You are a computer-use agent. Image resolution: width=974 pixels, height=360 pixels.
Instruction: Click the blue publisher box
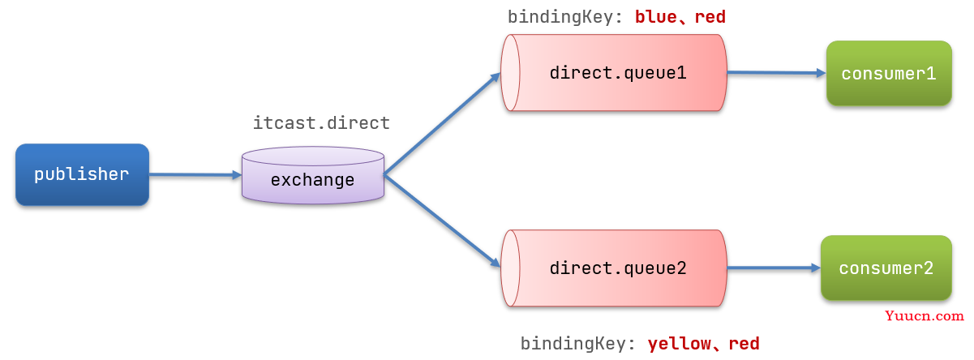82,174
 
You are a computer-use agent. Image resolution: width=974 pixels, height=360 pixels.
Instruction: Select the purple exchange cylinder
313,175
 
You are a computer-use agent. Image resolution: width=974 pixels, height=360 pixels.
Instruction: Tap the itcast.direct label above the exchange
321,123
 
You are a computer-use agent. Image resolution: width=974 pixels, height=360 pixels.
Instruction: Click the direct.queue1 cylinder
614,73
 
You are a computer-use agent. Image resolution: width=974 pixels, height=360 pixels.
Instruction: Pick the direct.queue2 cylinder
614,268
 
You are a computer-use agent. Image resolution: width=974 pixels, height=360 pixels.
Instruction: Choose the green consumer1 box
889,73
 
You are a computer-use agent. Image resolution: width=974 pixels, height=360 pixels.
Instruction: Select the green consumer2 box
886,268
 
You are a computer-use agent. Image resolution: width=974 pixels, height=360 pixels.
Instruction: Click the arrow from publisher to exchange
195,175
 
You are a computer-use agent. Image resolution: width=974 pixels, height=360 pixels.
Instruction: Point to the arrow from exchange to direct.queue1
442,123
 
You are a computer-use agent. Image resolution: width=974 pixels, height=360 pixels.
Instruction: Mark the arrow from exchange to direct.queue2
442,221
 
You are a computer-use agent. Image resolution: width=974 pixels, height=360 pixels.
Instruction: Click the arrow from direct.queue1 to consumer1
777,73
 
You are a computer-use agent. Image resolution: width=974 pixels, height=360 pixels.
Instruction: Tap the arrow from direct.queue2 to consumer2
774,268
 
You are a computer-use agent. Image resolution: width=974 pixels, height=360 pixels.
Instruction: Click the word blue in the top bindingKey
656,17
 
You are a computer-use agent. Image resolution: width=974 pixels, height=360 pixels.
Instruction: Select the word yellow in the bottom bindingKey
679,344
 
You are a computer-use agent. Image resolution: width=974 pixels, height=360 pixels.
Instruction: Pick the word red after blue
710,17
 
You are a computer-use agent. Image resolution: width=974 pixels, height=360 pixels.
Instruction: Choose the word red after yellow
744,344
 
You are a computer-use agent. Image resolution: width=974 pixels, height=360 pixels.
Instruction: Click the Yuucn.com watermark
925,315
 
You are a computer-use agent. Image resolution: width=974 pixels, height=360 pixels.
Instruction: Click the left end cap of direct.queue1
510,73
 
